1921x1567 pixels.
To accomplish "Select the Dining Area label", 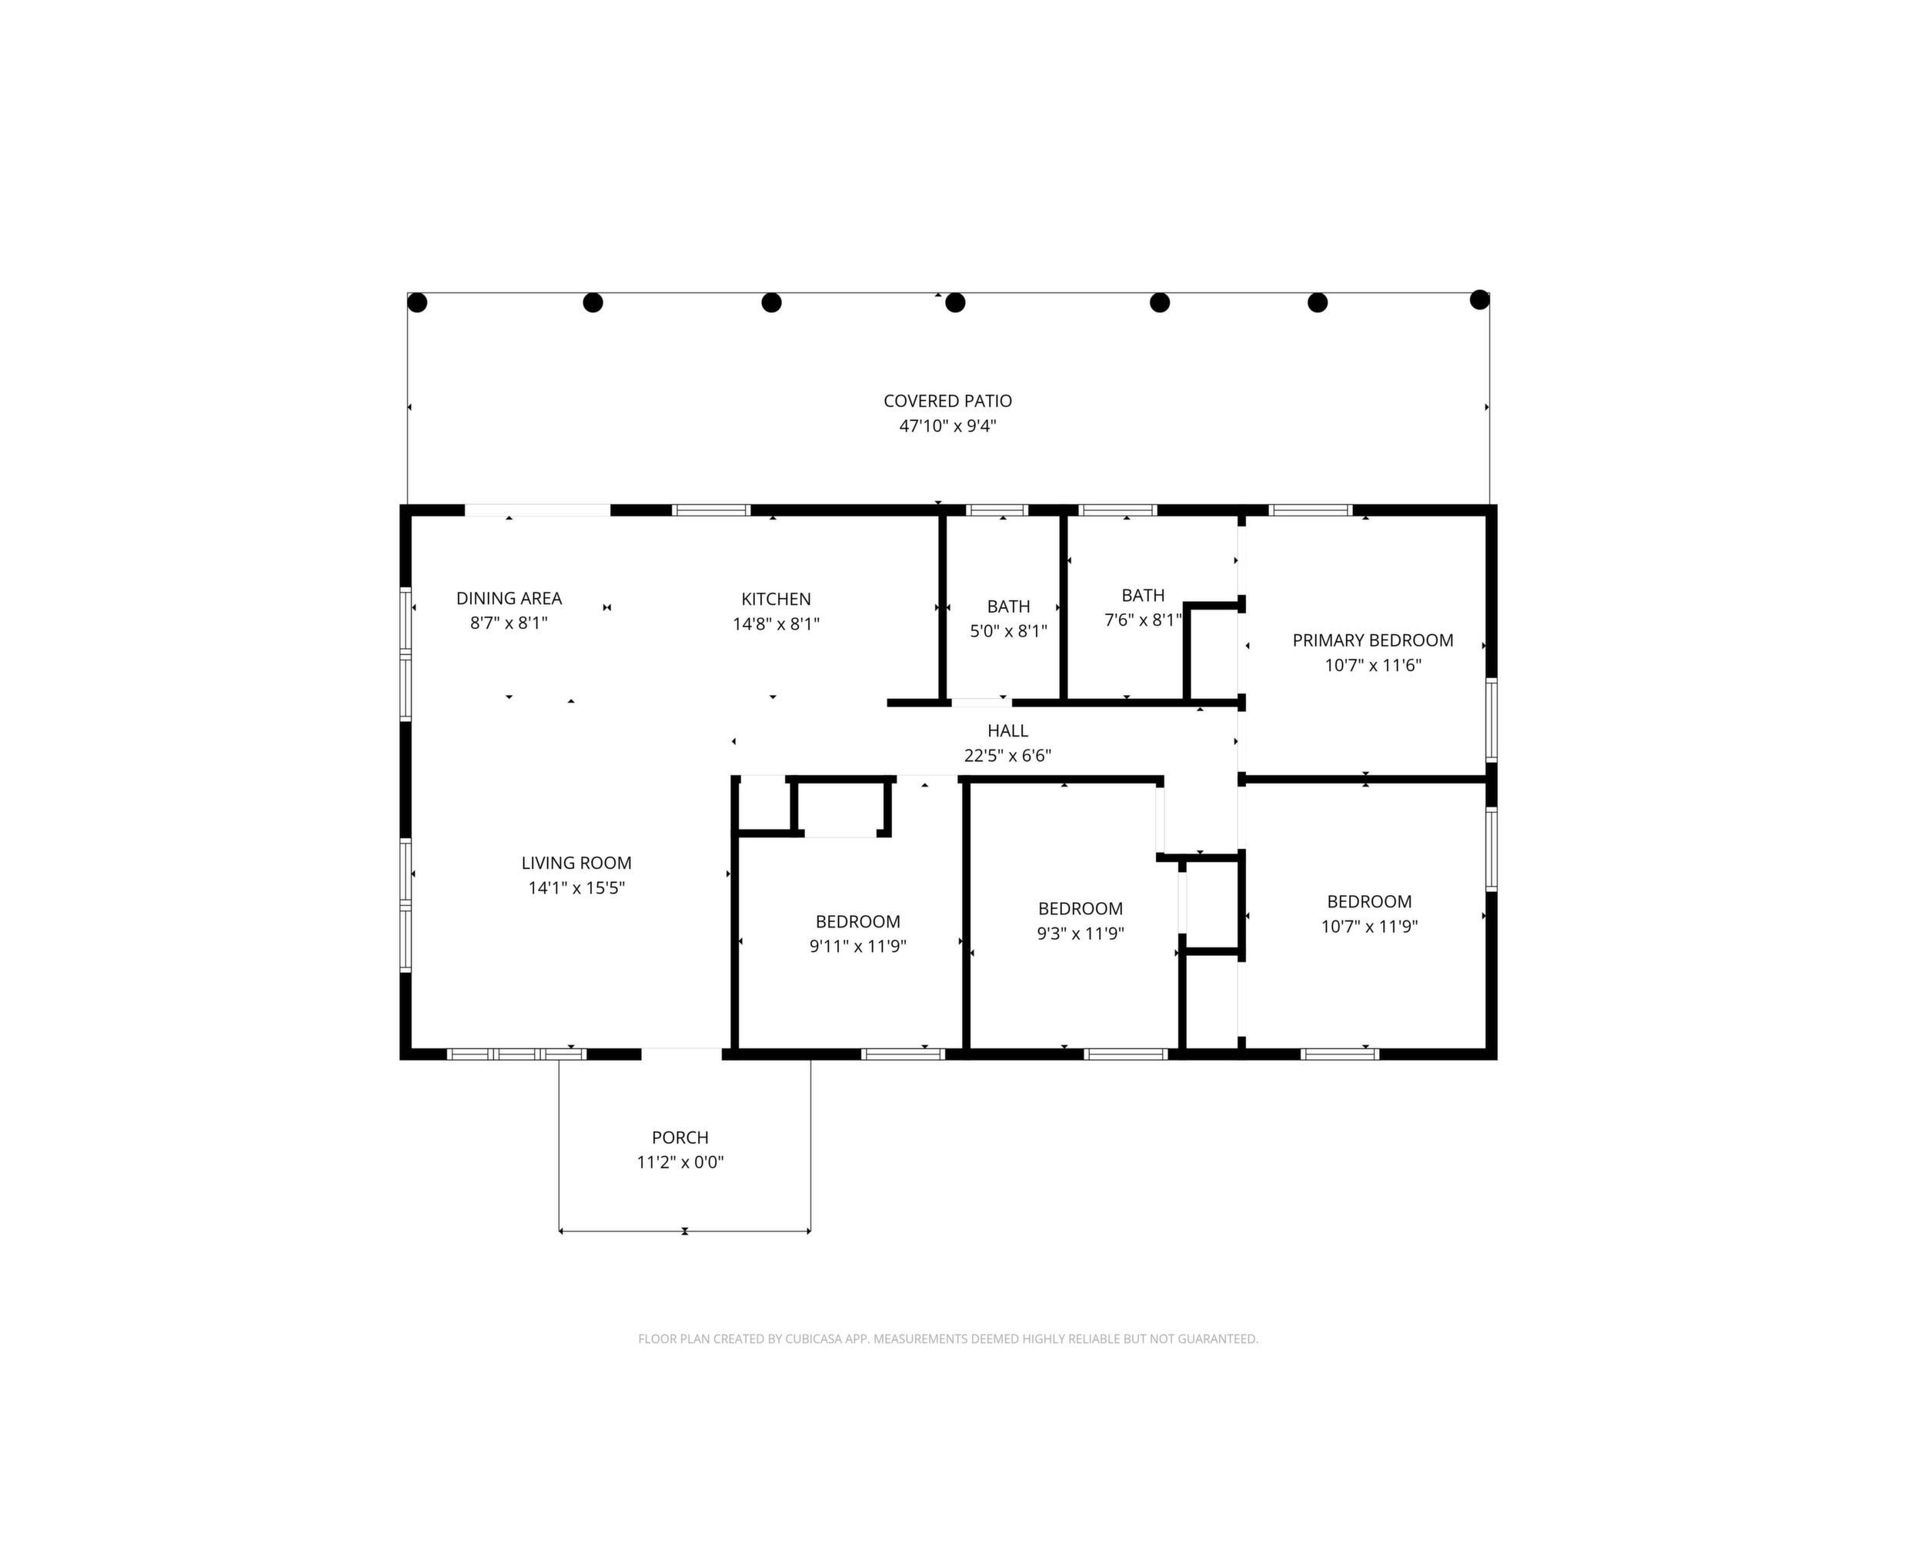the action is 509,599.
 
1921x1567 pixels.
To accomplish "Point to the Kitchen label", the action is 776,600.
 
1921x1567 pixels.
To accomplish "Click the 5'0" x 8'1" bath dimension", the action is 1008,631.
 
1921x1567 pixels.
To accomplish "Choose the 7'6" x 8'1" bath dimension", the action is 1143,620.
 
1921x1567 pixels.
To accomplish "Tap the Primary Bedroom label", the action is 1373,641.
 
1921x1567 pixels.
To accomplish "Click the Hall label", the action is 1007,731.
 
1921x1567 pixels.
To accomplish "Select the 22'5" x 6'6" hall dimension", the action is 1007,756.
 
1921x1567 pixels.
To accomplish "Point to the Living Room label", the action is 576,863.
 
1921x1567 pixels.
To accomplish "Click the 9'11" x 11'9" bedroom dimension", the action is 857,946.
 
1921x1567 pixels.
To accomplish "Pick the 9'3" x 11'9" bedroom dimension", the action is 1080,934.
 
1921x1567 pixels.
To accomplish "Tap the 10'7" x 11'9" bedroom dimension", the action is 1369,926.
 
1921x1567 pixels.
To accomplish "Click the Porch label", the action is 680,1138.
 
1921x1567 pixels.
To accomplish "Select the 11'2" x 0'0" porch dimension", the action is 680,1163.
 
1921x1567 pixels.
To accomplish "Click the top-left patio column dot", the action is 417,302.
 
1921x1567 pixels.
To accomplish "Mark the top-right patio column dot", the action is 1479,299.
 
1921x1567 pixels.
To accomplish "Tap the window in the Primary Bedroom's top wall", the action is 1310,510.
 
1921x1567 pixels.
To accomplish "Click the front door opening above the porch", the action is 682,1054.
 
